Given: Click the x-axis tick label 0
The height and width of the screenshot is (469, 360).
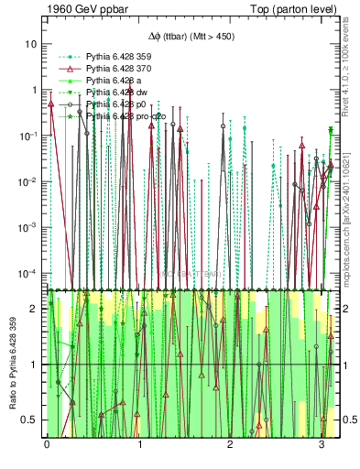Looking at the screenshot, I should [x=47, y=445].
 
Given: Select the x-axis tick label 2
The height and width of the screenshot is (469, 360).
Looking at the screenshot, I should [x=231, y=445].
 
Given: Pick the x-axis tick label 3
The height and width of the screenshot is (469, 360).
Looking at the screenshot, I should [x=322, y=445].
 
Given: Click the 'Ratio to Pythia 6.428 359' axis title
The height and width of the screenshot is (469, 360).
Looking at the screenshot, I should [x=12, y=366].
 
